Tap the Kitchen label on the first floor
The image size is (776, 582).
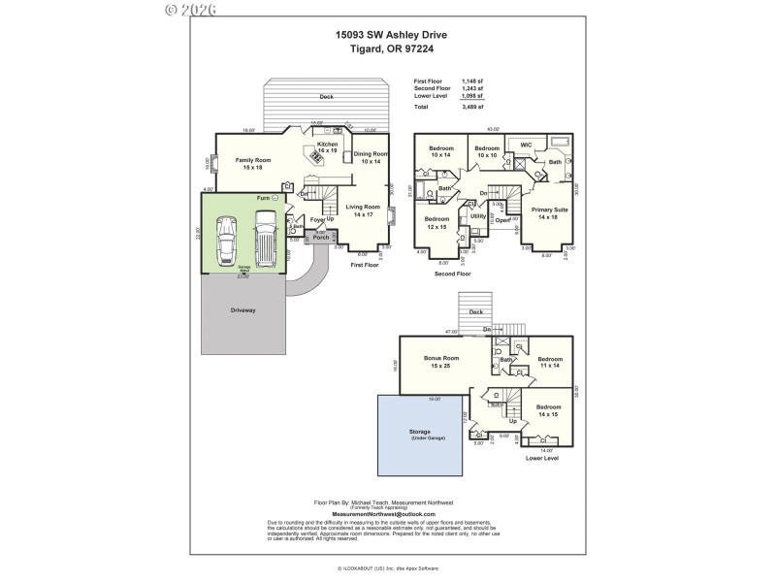tap(327, 147)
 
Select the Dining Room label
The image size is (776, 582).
tap(371, 157)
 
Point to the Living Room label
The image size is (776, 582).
tap(364, 210)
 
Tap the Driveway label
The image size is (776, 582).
tap(243, 310)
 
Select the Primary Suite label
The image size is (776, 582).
tap(546, 212)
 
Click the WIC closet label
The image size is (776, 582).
tap(527, 145)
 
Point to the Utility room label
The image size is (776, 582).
tap(478, 216)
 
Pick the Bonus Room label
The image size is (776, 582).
tap(440, 362)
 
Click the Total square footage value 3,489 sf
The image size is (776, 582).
tap(474, 107)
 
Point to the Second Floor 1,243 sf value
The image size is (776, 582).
tap(474, 88)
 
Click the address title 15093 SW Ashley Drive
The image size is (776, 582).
tap(385, 33)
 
